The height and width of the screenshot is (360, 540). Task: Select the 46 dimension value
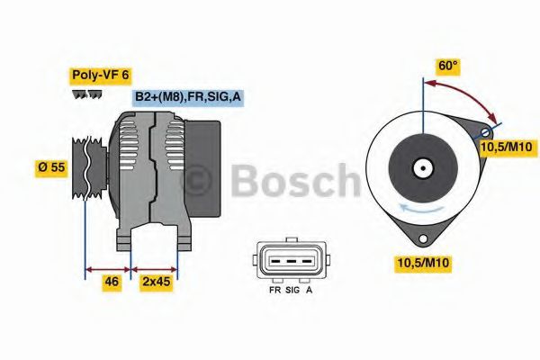(x=112, y=283)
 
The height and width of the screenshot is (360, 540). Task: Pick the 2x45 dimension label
(x=157, y=283)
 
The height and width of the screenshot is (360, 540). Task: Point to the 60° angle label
(x=448, y=66)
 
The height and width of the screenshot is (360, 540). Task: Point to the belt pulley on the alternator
(x=83, y=168)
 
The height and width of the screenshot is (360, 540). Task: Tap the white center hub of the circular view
(x=421, y=168)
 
